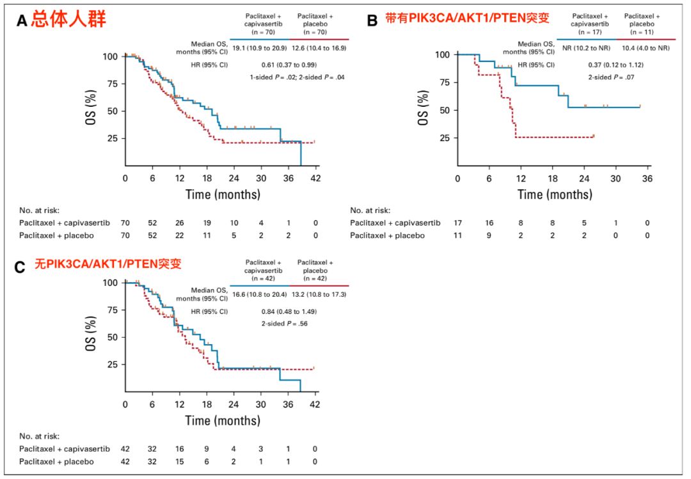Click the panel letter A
coord(22,20)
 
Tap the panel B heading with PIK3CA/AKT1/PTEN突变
coord(467,19)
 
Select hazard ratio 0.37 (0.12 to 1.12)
coord(616,65)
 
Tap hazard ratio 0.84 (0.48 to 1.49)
coord(289,311)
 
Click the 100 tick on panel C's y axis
coord(111,283)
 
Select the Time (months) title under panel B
coord(555,194)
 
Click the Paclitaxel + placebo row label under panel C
coord(56,461)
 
